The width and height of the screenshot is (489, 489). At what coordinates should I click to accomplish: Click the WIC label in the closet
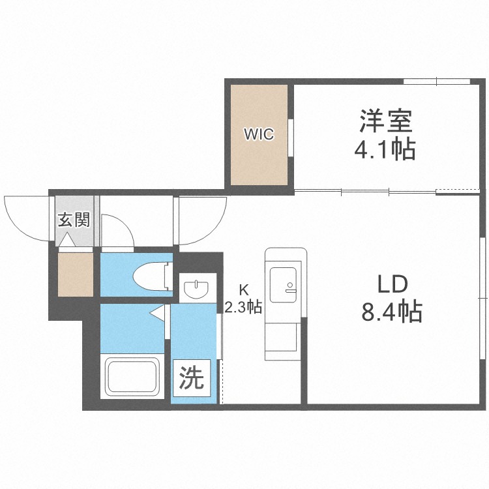point(259,135)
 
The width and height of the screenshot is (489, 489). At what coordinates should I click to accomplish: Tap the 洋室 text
point(385,121)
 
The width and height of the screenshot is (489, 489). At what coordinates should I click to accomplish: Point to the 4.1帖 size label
point(385,151)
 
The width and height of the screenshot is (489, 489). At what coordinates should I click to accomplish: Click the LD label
point(393,284)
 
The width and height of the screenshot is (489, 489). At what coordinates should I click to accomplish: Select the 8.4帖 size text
point(392,312)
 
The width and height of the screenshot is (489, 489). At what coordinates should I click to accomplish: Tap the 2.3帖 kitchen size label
point(243,306)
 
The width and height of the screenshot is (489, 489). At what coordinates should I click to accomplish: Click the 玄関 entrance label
point(74,219)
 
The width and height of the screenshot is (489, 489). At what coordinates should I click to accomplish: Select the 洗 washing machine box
point(192,379)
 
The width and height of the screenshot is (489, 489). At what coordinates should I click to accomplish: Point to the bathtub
point(131,376)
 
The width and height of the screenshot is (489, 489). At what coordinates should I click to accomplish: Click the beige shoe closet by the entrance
point(75,274)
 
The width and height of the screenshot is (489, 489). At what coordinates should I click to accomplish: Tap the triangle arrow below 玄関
point(67,241)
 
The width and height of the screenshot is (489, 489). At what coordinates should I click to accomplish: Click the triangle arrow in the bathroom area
point(156,314)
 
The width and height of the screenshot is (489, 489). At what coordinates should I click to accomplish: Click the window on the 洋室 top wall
point(436,81)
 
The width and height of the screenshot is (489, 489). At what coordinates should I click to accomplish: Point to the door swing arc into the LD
point(202,219)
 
